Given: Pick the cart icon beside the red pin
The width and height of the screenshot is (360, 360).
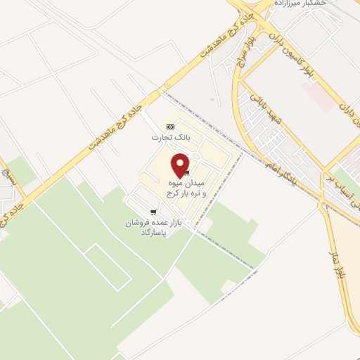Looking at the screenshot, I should pos(187,173).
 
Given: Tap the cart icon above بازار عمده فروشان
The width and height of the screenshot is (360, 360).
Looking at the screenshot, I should pos(153,212).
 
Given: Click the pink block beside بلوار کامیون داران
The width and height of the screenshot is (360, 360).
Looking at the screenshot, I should pos(320,98).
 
